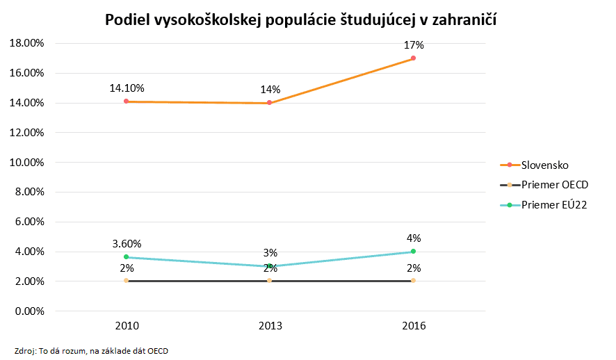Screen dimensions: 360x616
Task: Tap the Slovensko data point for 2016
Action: (x=413, y=58)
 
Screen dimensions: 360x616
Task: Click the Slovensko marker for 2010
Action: (x=126, y=101)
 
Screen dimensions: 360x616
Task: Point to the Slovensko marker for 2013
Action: (x=270, y=103)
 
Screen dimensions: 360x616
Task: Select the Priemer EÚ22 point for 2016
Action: (x=413, y=252)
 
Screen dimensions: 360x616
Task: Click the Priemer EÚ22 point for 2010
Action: (x=126, y=257)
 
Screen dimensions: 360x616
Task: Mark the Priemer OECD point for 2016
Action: (x=413, y=281)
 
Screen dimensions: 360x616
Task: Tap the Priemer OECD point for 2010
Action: (x=126, y=281)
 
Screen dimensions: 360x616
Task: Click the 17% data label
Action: (x=414, y=45)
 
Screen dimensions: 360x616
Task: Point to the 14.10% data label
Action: (x=127, y=88)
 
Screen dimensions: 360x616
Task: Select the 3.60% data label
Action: (x=127, y=244)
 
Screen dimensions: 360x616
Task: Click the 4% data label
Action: (x=414, y=238)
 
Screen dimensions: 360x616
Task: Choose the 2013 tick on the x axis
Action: (x=270, y=325)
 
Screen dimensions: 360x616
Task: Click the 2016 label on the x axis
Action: (x=413, y=325)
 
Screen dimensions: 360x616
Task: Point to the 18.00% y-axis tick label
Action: (x=26, y=43)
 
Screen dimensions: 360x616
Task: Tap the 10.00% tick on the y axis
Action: (x=26, y=163)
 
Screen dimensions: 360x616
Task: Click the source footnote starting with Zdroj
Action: (x=91, y=350)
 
